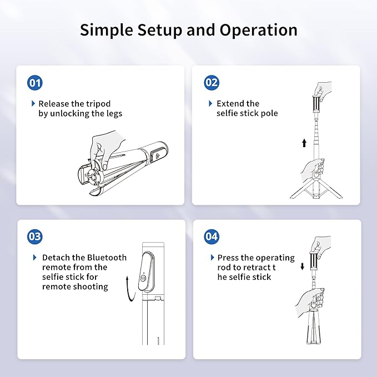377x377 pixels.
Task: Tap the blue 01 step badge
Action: click(x=35, y=83)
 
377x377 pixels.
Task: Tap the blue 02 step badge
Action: click(x=212, y=83)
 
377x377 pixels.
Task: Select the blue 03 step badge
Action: click(x=35, y=237)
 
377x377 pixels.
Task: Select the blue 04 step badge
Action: click(x=212, y=237)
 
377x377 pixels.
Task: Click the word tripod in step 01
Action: click(x=98, y=104)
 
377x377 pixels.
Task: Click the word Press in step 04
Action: click(x=228, y=258)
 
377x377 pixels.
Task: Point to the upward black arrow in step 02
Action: click(x=304, y=143)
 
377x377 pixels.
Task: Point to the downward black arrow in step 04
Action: click(x=303, y=267)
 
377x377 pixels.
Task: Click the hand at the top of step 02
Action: click(x=321, y=88)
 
